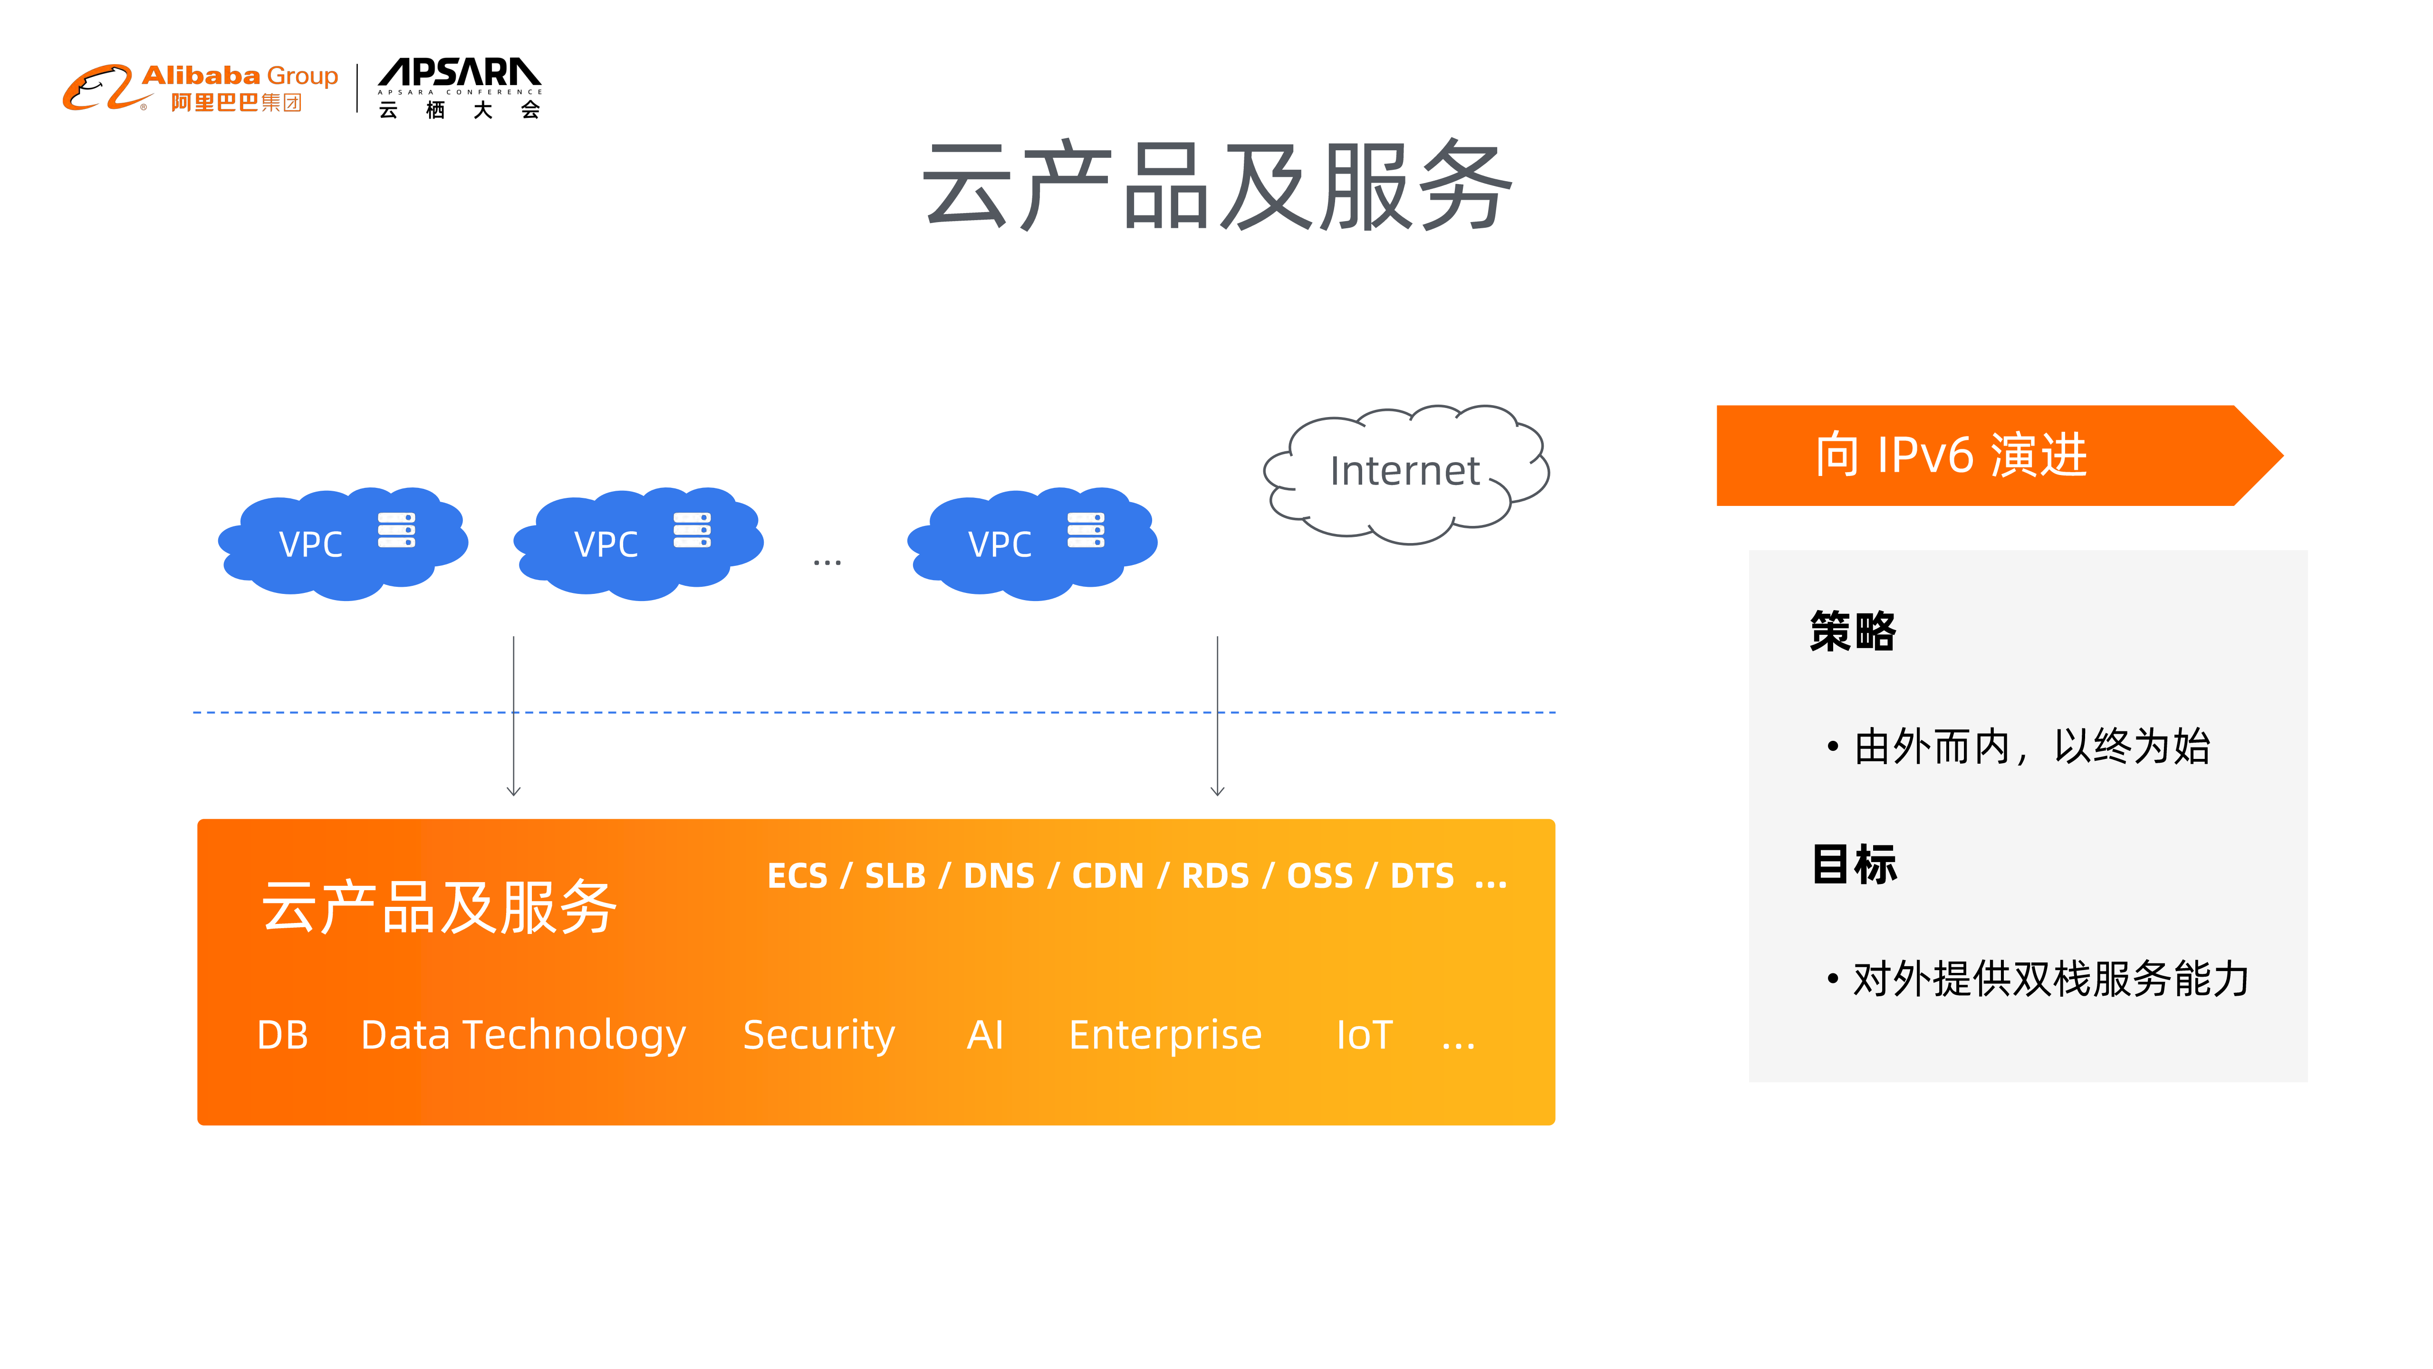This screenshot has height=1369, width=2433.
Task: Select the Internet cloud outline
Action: coord(1405,472)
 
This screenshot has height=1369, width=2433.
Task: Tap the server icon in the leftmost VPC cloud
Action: coord(397,530)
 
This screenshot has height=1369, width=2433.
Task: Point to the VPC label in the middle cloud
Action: coord(606,544)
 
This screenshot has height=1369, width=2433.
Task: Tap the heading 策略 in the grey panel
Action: coord(1853,631)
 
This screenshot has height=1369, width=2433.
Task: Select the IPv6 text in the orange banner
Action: coord(1925,456)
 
